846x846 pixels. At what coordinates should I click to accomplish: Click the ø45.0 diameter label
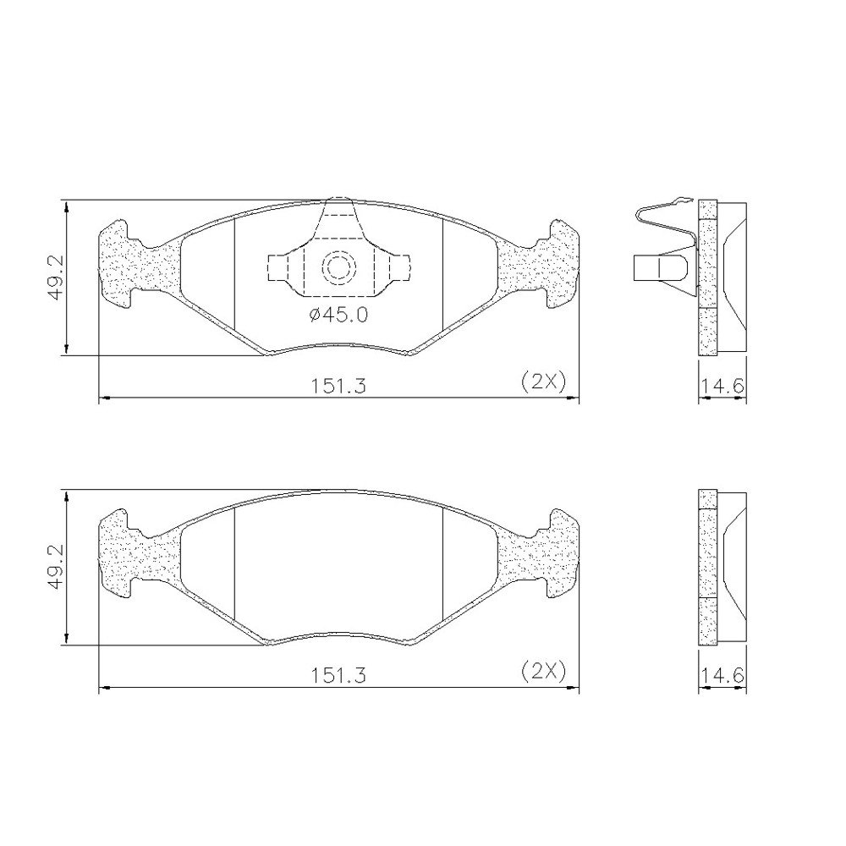[x=339, y=315]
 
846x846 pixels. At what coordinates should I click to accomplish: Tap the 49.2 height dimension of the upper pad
[x=56, y=278]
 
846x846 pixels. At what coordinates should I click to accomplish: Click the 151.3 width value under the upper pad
[x=338, y=386]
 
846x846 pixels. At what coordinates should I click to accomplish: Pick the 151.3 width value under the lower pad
[x=338, y=675]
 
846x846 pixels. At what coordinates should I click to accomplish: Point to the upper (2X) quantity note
[x=543, y=382]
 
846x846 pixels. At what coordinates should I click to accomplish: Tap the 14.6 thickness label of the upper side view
[x=722, y=386]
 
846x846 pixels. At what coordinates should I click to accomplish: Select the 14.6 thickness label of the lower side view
[x=722, y=675]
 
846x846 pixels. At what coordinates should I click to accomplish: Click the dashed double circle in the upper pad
[x=339, y=266]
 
